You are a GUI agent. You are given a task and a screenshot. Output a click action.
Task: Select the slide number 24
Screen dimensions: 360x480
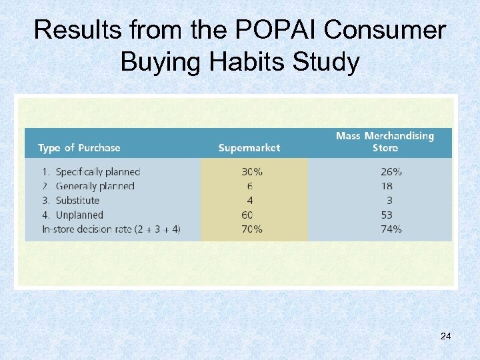(445, 336)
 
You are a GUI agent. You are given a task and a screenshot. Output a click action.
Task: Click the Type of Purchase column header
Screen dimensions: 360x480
(79, 147)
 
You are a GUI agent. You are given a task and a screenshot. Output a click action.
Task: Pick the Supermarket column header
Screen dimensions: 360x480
(249, 147)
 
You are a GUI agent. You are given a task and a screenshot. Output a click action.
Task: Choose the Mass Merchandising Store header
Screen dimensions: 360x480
(385, 141)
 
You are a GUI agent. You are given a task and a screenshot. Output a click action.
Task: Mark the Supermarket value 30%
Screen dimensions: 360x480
(251, 171)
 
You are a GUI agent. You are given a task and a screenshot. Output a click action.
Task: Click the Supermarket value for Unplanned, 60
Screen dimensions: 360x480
(247, 215)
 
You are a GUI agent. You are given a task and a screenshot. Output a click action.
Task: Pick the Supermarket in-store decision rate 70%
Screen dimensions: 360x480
(251, 229)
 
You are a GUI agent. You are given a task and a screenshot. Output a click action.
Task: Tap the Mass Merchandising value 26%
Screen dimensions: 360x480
(391, 171)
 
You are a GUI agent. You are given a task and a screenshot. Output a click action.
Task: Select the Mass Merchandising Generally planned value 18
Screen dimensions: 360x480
(387, 186)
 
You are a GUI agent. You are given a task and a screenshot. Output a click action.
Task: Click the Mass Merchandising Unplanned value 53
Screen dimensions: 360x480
(387, 215)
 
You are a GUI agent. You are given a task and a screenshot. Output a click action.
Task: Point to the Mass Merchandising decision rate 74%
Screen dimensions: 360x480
(391, 229)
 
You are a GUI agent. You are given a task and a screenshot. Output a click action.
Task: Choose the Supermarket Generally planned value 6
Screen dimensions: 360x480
(249, 186)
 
